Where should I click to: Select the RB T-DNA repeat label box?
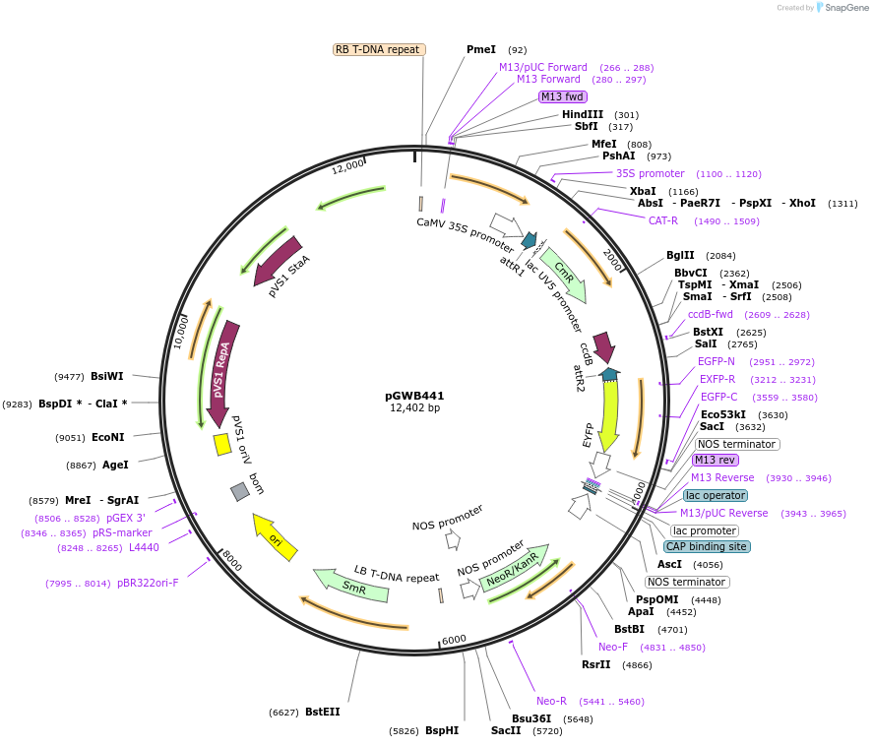(x=379, y=49)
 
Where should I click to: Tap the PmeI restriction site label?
(x=481, y=49)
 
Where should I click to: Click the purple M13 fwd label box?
(x=563, y=96)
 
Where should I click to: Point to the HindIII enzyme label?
(x=583, y=114)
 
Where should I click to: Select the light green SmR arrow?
(x=350, y=585)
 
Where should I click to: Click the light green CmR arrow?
(x=565, y=274)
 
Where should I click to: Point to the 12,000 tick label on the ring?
(x=347, y=167)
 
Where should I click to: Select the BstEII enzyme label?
(x=322, y=712)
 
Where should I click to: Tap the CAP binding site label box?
(x=707, y=546)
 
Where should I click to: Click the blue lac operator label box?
(x=716, y=495)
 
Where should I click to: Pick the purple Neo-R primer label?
(x=551, y=701)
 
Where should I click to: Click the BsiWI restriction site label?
(x=107, y=376)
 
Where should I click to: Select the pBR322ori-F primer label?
(x=149, y=583)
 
